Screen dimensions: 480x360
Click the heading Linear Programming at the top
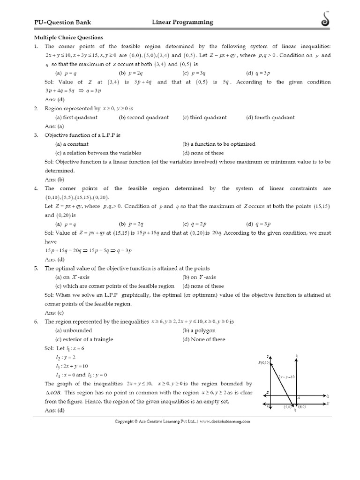coord(182,22)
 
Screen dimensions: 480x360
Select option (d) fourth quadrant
coord(270,117)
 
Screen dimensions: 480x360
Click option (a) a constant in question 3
coord(72,144)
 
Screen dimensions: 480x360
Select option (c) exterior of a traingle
coord(84,339)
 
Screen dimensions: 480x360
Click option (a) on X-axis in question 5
coord(72,277)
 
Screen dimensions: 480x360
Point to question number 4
coord(36,188)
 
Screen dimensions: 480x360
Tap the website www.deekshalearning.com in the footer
coord(225,421)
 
